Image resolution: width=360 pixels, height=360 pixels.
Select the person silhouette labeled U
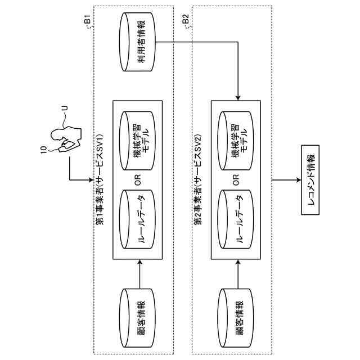tap(62, 140)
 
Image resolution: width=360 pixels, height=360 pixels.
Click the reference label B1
tap(87, 21)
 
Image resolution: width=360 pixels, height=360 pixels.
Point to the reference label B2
tap(186, 21)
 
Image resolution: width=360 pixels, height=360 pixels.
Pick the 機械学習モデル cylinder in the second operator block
tap(236, 141)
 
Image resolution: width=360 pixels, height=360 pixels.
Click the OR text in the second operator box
tap(236, 180)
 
